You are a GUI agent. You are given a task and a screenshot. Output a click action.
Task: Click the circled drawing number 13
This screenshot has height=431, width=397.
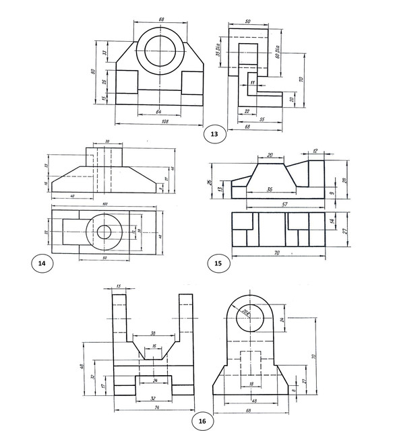pyautogui.click(x=214, y=135)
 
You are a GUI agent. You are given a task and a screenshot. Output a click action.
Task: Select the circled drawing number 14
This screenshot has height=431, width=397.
pyautogui.click(x=42, y=263)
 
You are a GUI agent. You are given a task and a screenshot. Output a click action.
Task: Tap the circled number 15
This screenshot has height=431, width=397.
pyautogui.click(x=218, y=263)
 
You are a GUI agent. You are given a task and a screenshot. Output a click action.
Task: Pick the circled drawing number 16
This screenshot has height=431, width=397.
pyautogui.click(x=202, y=422)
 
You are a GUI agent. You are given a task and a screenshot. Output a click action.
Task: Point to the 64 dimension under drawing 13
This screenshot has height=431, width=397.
pyautogui.click(x=159, y=110)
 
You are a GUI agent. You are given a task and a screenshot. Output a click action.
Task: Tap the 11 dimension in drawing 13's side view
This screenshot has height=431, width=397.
pyautogui.click(x=252, y=82)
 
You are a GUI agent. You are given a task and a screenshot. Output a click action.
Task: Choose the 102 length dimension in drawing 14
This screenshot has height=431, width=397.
pyautogui.click(x=104, y=204)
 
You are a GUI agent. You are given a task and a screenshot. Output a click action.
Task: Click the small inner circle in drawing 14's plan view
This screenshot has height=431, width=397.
pyautogui.click(x=104, y=232)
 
